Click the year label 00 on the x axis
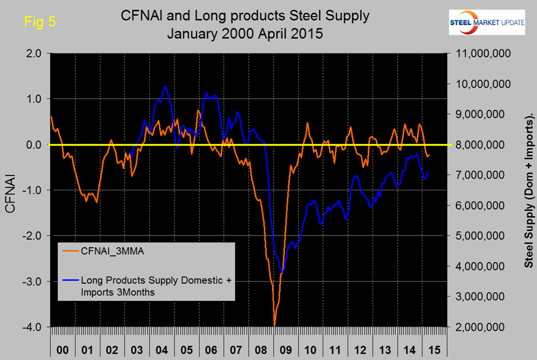point(62,350)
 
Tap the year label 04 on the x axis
point(163,350)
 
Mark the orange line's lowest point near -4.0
point(274,325)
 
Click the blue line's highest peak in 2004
point(165,87)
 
